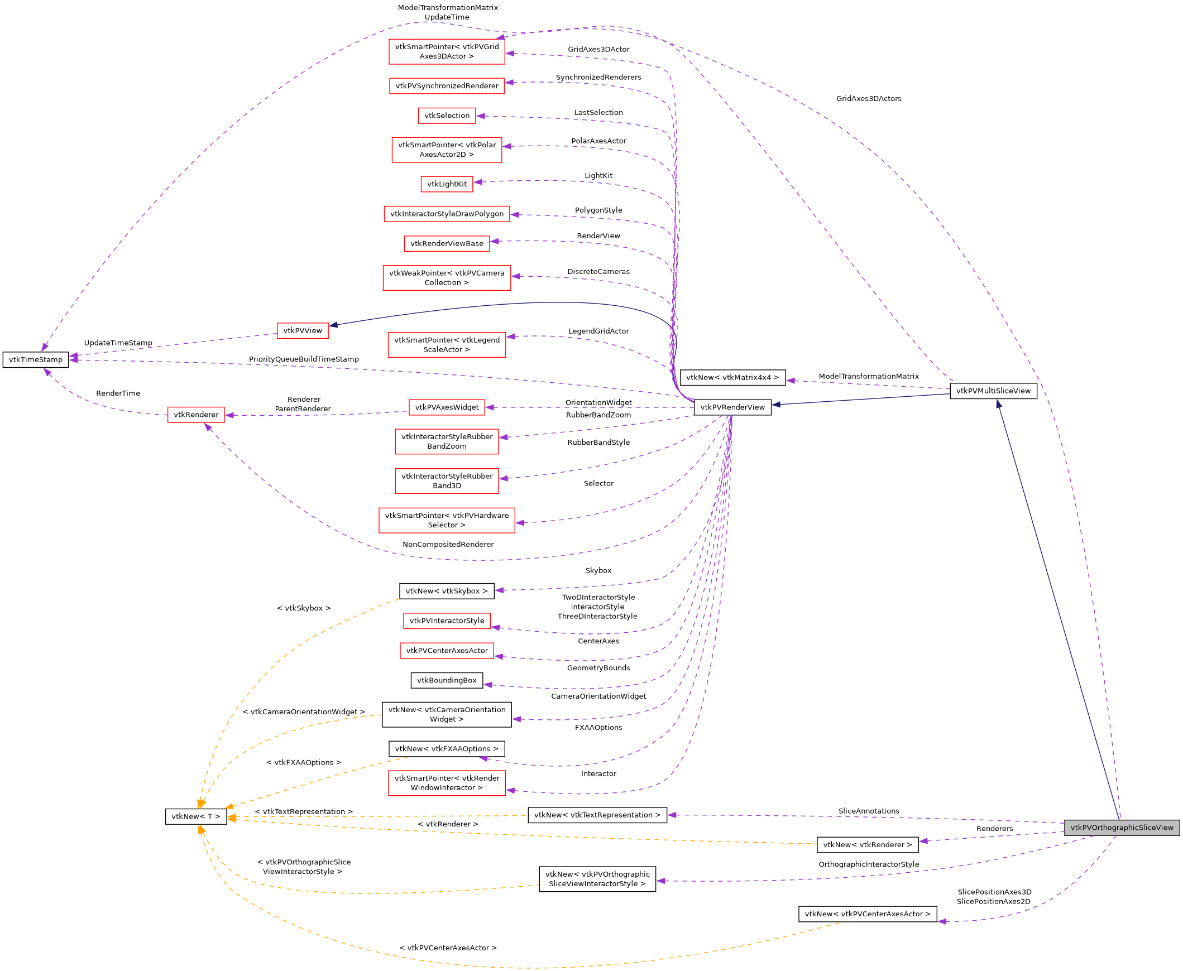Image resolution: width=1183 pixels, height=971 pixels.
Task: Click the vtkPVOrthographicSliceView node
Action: pyautogui.click(x=1122, y=828)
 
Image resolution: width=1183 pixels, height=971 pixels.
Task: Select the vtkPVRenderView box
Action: pyautogui.click(x=732, y=407)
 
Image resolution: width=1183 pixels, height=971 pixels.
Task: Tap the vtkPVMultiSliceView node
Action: pyautogui.click(x=993, y=391)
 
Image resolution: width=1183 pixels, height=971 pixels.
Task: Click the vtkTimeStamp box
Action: pyautogui.click(x=36, y=359)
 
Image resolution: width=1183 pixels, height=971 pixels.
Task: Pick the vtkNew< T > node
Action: pyautogui.click(x=196, y=816)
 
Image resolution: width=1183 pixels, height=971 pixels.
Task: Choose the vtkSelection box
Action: pyautogui.click(x=447, y=116)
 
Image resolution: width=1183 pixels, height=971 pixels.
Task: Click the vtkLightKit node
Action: pyautogui.click(x=447, y=184)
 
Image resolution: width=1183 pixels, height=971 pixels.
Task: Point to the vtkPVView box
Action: pyautogui.click(x=302, y=330)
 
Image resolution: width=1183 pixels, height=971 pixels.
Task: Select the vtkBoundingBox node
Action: pyautogui.click(x=447, y=680)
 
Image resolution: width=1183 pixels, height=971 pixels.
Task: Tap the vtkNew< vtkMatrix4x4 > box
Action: pyautogui.click(x=732, y=378)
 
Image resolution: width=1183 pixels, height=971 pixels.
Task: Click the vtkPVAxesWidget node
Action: pyautogui.click(x=447, y=407)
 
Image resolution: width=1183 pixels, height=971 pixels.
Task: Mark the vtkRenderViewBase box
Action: pyautogui.click(x=447, y=243)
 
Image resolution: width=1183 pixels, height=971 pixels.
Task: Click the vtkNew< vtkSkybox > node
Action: pyautogui.click(x=447, y=590)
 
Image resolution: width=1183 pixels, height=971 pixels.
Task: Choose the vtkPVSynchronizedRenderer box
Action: pyautogui.click(x=447, y=85)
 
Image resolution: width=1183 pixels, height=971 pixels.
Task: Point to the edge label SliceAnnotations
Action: pyautogui.click(x=869, y=811)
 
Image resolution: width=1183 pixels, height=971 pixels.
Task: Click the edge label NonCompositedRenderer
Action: pyautogui.click(x=448, y=544)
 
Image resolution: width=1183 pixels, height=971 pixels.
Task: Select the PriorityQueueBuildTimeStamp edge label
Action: pyautogui.click(x=304, y=359)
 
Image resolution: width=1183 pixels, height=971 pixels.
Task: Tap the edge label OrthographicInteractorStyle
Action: pyautogui.click(x=869, y=864)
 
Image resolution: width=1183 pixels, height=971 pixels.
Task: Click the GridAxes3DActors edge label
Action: pyautogui.click(x=869, y=98)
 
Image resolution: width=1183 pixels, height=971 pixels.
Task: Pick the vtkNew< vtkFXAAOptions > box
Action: pyautogui.click(x=447, y=748)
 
